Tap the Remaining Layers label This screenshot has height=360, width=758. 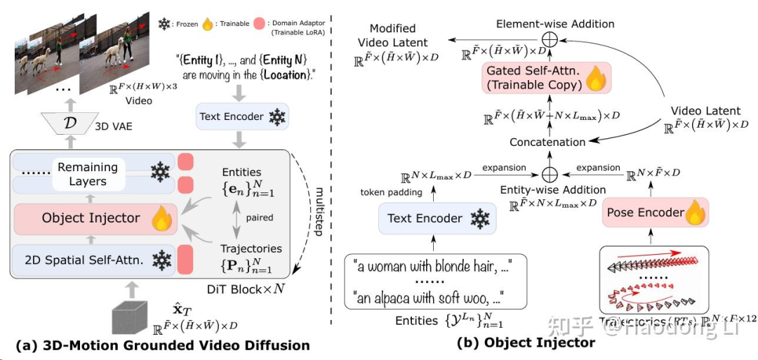coord(87,174)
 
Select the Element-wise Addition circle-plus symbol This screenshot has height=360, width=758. coord(551,40)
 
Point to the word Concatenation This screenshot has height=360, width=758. coord(547,142)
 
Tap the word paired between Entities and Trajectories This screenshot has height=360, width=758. coord(259,218)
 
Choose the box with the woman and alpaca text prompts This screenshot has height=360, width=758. coord(436,281)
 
